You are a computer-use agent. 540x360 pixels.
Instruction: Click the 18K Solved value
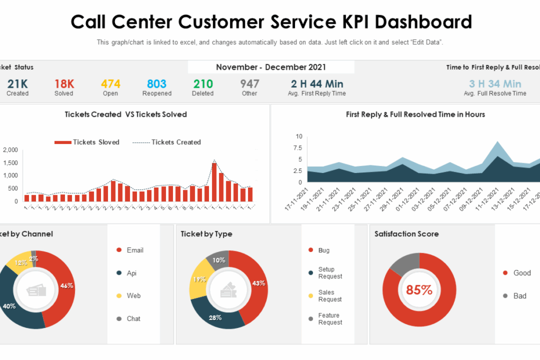pos(64,84)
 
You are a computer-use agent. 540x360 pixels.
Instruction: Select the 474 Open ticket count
pos(110,84)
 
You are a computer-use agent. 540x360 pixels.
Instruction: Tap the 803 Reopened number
pos(157,84)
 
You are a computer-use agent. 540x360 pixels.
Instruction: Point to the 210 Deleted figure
pos(203,84)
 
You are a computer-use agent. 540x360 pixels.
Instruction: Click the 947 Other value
pos(250,84)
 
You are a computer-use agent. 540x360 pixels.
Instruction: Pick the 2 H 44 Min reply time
pos(317,84)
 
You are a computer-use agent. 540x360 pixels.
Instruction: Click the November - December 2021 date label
pos(271,67)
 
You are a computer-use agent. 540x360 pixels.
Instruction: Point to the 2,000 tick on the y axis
pos(10,150)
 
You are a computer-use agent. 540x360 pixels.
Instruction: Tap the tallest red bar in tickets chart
pos(214,182)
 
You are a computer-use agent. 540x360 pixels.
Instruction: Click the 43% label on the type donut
pos(259,283)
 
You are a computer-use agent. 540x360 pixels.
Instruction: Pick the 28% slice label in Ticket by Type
pos(216,318)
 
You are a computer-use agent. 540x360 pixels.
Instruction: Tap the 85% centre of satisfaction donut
pos(419,290)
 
